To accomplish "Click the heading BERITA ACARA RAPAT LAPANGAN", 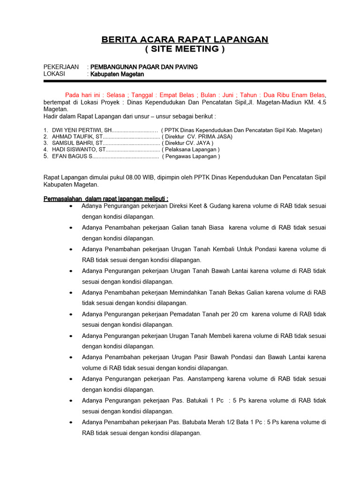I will click(185, 40).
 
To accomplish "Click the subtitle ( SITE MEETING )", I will click(185, 49).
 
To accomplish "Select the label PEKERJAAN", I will click(61, 67).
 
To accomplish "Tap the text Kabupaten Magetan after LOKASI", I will click(117, 75).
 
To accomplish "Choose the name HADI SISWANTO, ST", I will click(75, 150).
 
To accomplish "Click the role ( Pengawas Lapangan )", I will click(191, 156).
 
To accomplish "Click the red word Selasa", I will click(116, 95).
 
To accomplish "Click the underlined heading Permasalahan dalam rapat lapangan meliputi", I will click(106, 198).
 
